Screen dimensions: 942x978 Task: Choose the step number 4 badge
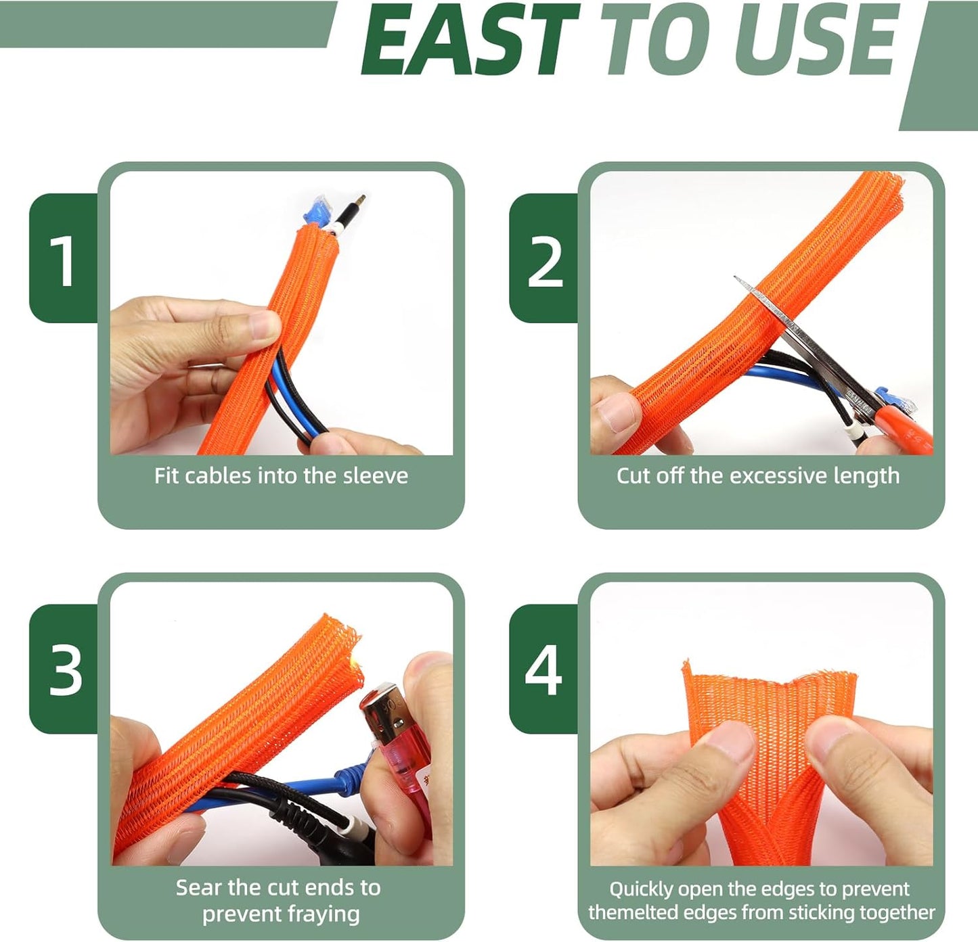click(543, 669)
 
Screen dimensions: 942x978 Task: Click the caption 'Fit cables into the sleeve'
click(281, 475)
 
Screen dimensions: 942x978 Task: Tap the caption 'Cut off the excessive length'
click(758, 475)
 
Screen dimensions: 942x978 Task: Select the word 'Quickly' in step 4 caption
click(641, 889)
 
